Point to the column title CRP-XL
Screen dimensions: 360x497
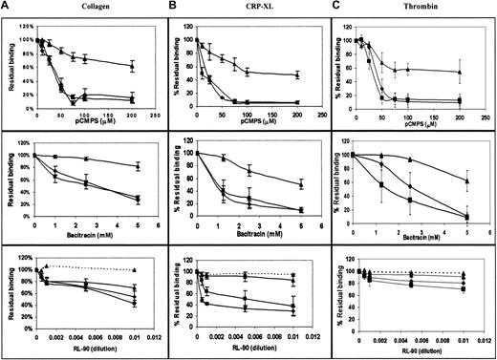tap(253, 9)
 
